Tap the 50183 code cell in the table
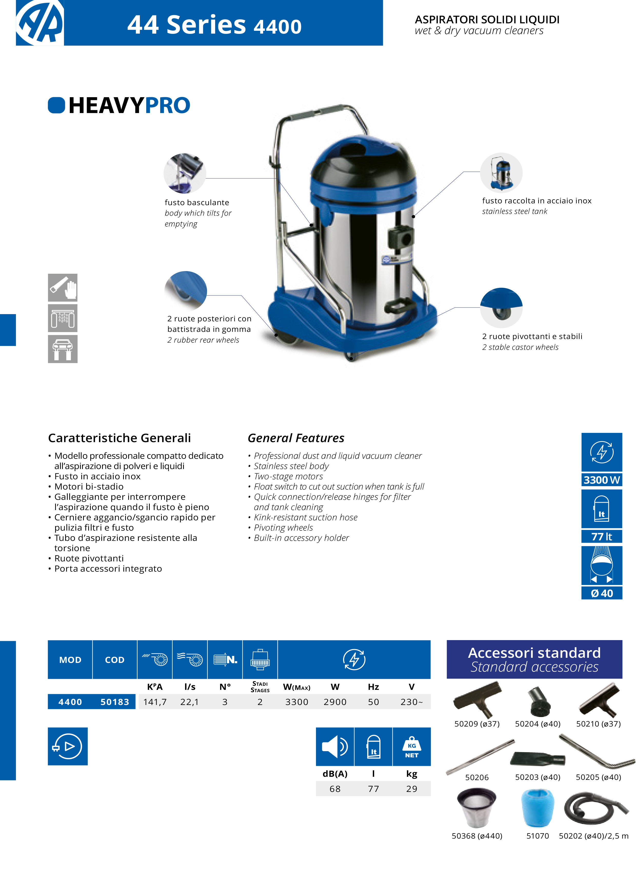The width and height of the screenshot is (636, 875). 115,702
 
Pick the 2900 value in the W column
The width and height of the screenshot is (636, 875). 335,702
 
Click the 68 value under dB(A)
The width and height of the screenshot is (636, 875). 335,789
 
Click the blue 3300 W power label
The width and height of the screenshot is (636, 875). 601,480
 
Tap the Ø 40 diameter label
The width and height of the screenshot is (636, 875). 601,593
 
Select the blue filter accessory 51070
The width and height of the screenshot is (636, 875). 537,808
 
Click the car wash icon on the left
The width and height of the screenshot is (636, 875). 63,318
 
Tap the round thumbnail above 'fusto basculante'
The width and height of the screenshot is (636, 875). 185,173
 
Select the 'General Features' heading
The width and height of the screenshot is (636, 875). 296,438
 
